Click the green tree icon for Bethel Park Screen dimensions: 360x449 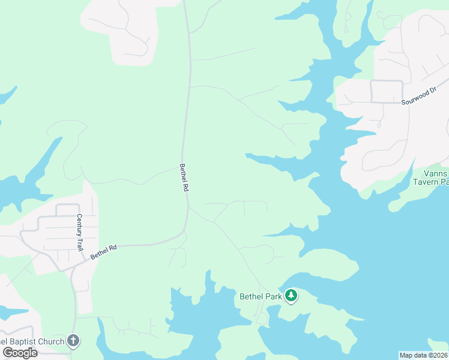(291, 296)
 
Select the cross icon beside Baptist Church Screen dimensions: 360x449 (73, 341)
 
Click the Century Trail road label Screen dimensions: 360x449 (78, 232)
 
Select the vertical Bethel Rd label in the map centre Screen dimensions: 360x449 (184, 178)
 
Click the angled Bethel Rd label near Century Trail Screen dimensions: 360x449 (103, 251)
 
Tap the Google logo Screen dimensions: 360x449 (20, 353)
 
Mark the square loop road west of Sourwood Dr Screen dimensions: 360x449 (387, 91)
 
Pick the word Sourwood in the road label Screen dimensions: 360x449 (412, 98)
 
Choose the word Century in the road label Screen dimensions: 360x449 (78, 224)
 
